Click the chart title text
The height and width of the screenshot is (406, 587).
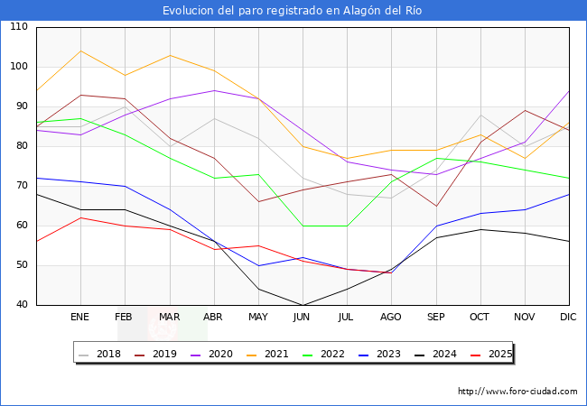[x=293, y=11]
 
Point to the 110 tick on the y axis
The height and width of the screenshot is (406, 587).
[x=19, y=27]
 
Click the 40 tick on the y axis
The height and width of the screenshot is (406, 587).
[x=19, y=305]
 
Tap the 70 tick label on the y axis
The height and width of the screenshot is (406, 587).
[x=19, y=186]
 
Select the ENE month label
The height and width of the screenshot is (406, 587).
[x=80, y=317]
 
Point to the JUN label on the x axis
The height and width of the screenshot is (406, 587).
[x=303, y=317]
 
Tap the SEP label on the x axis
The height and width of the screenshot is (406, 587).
[x=435, y=317]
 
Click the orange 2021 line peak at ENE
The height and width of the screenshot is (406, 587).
[x=80, y=51]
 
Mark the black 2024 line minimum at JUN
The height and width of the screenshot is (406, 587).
[x=303, y=305]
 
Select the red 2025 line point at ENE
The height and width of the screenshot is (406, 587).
[x=80, y=217]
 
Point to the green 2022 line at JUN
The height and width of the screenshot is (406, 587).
[x=303, y=226]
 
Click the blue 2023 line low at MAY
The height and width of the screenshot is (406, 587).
[x=258, y=265]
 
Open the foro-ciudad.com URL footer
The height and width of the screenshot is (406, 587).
[x=517, y=392]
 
